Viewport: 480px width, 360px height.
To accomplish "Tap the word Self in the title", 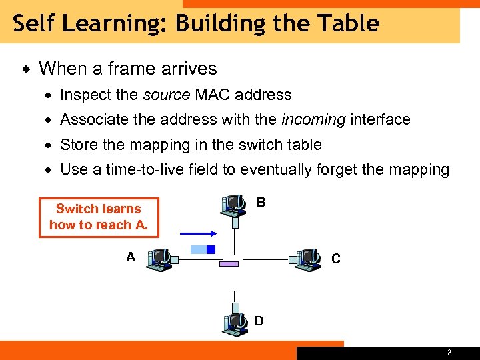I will click(x=31, y=23).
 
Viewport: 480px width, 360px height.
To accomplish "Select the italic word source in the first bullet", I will click(x=167, y=95).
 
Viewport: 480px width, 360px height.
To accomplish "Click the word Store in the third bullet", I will click(x=78, y=145).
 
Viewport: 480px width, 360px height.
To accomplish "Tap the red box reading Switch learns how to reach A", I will click(x=99, y=217).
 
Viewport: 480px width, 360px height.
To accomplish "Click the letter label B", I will click(x=261, y=202).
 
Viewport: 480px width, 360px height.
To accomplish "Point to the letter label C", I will click(x=335, y=259).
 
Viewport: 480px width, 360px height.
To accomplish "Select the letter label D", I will click(x=259, y=321).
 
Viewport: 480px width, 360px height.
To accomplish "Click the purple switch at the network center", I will click(x=229, y=264).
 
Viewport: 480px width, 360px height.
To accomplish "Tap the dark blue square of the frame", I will click(x=211, y=250).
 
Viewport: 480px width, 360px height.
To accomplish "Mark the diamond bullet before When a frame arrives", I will click(x=25, y=69).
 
